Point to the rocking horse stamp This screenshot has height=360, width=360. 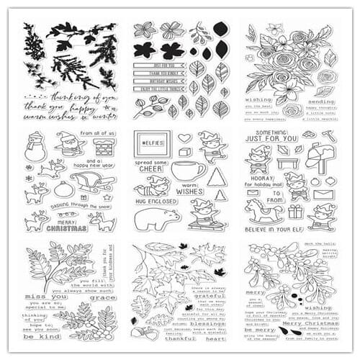coord(261,212)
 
